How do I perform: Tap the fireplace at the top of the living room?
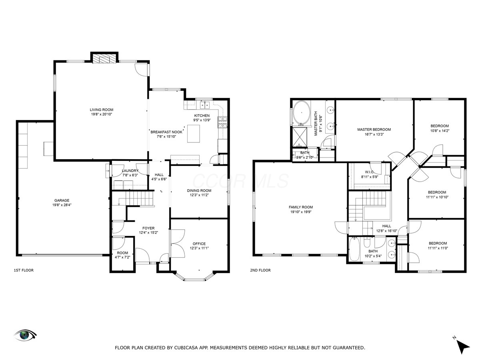coord(104,59)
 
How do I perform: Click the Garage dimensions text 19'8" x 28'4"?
coord(62,205)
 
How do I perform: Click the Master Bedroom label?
coord(374,129)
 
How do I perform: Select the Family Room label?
coord(301,207)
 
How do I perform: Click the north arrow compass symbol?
coord(463,345)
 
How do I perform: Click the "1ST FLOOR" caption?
coord(24,270)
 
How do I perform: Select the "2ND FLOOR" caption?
coord(260,270)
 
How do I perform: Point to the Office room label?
coord(199,244)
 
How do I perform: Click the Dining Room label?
coord(199,190)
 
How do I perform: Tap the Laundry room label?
coord(130,171)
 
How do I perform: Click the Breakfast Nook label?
coord(166,132)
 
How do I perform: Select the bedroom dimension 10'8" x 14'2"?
coord(439,130)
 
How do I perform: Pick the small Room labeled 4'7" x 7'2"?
coord(122,253)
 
